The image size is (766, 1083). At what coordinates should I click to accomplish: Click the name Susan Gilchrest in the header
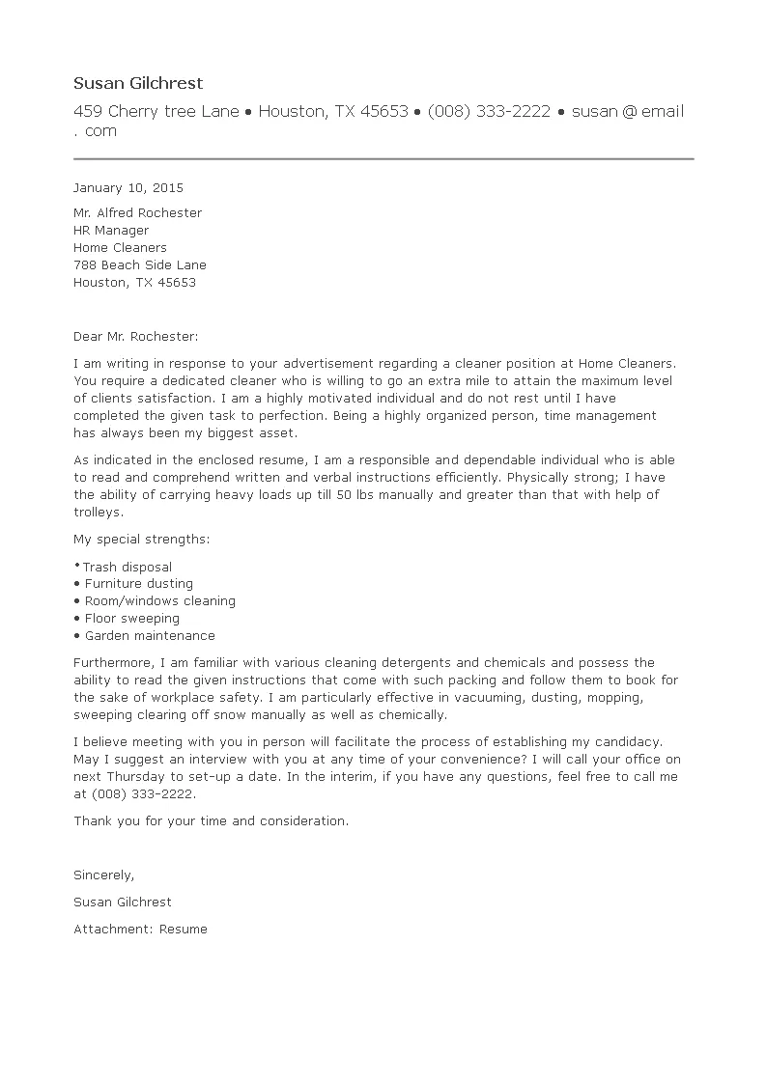click(138, 84)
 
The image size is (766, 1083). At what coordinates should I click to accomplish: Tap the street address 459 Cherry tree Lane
click(156, 112)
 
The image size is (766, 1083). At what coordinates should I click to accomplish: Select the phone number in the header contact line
click(489, 112)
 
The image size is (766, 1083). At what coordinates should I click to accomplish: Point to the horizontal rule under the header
click(383, 158)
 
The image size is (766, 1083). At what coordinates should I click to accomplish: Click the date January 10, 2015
click(128, 188)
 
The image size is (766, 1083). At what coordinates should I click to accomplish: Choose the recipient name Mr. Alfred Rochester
click(138, 213)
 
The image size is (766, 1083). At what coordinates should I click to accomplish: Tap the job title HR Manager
click(111, 231)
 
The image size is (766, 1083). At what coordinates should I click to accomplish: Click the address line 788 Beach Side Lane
click(140, 265)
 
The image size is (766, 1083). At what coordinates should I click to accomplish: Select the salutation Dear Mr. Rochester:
click(135, 337)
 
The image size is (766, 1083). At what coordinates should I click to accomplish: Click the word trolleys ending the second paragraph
click(99, 513)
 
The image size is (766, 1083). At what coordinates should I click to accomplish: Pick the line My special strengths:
click(141, 539)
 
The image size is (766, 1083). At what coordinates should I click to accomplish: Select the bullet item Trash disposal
click(127, 568)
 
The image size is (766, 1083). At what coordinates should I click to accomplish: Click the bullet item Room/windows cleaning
click(159, 601)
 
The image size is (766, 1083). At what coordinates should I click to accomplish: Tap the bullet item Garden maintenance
click(150, 636)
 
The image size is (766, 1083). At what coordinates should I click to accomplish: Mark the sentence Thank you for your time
click(211, 820)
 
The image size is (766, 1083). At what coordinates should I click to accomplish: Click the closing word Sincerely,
click(104, 875)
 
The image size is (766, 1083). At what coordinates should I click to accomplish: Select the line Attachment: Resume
click(140, 930)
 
